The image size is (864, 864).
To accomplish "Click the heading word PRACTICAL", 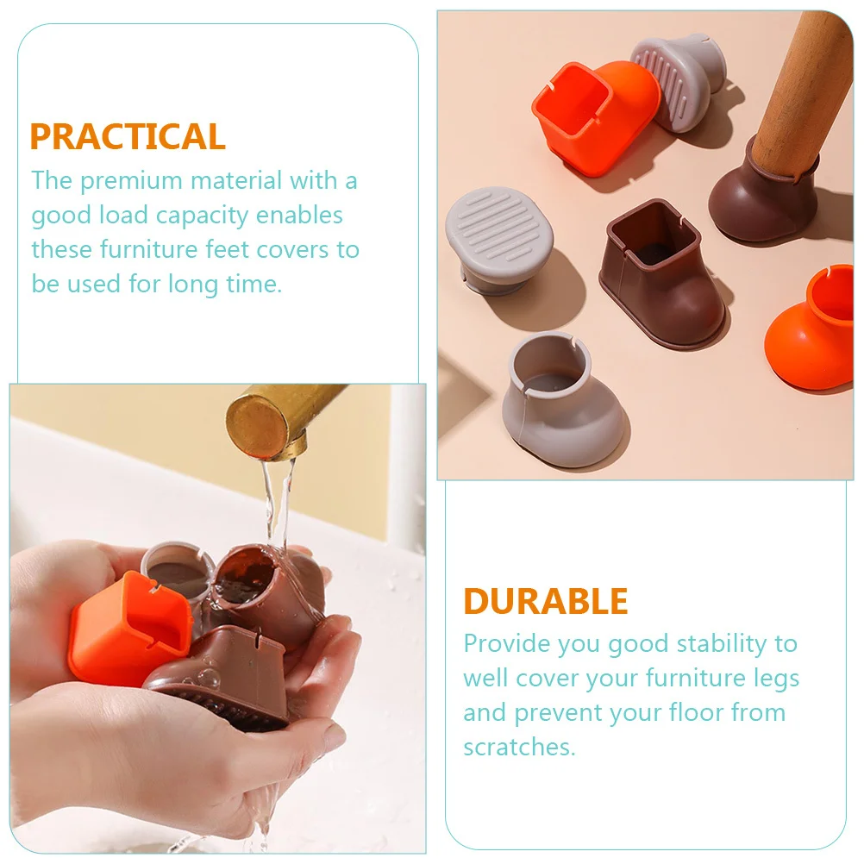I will [128, 137].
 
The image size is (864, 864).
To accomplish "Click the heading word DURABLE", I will [546, 602].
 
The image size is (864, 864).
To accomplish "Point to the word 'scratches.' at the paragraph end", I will [519, 747].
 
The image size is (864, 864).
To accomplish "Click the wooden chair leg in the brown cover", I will [802, 86].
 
